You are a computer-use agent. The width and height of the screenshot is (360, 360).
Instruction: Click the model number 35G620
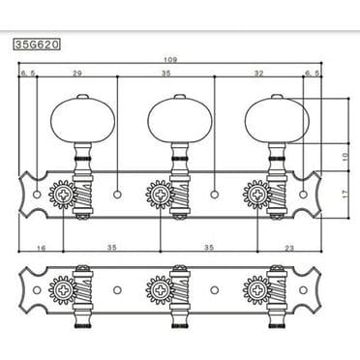click(36, 44)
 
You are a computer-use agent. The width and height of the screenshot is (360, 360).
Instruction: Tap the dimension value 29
click(75, 74)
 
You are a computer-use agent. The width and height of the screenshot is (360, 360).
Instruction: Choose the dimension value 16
click(41, 249)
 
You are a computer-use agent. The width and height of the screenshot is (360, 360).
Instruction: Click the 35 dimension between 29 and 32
click(165, 74)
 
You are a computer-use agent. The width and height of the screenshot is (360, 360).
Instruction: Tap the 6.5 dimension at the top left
click(25, 74)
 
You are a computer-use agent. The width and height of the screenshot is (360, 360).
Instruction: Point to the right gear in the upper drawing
click(256, 194)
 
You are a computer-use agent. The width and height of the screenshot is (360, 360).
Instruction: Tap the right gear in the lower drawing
click(256, 287)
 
